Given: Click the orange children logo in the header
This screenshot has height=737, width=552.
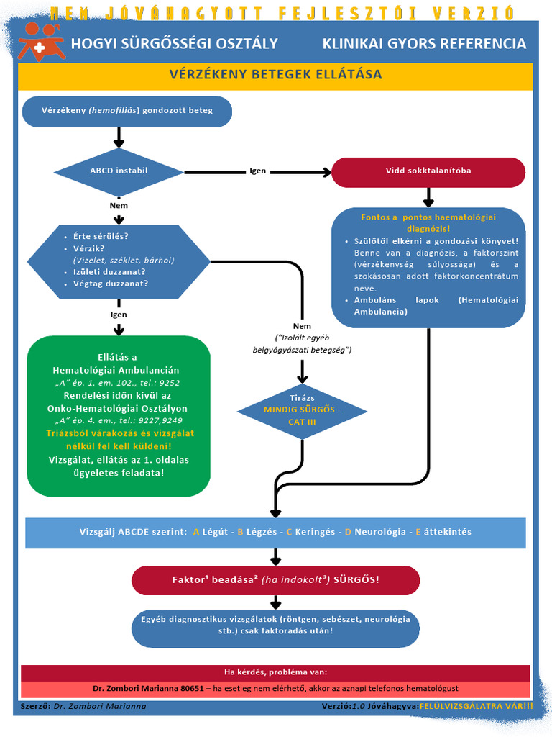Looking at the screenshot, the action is (41, 42).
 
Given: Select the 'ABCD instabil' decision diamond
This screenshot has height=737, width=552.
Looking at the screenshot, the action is (119, 171).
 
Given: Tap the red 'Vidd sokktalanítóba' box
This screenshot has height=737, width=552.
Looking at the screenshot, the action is (428, 171).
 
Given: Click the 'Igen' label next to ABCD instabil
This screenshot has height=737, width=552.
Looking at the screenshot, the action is (258, 171).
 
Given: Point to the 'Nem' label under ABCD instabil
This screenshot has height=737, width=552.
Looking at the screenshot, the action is (119, 205).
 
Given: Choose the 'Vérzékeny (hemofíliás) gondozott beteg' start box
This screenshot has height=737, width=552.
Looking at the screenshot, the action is (127, 111).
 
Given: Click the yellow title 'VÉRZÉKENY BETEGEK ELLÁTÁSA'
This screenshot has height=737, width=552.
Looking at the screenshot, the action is (275, 75).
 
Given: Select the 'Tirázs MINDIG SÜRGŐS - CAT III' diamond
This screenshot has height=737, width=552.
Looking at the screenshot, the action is (302, 411).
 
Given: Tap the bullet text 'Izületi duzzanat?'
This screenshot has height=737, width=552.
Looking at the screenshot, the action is (109, 272).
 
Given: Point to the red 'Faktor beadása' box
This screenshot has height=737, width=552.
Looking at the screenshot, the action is (275, 580).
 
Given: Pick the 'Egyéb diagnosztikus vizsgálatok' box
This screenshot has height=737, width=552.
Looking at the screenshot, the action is (275, 625).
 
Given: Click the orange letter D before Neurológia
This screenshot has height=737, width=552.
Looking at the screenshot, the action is (349, 532).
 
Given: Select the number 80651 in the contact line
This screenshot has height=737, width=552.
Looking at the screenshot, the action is (193, 689).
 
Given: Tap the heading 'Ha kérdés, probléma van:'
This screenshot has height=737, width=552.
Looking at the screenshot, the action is (275, 672).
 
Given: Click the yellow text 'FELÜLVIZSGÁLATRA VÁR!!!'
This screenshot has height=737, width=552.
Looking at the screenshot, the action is (477, 706).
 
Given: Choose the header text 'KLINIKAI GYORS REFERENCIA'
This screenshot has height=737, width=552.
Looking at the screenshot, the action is (424, 44).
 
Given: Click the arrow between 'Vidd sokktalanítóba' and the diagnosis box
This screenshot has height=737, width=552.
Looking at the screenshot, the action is (428, 197).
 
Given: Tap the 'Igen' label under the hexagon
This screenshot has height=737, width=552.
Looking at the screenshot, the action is (119, 315).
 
